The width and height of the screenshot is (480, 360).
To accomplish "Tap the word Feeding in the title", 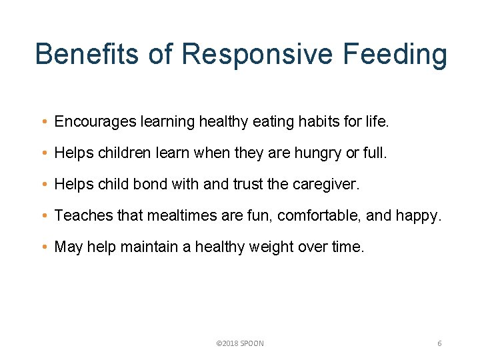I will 397,53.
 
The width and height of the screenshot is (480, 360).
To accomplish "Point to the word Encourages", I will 95,122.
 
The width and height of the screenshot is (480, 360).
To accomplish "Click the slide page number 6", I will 439,343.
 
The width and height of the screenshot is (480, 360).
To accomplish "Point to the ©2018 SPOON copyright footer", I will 240,343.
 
